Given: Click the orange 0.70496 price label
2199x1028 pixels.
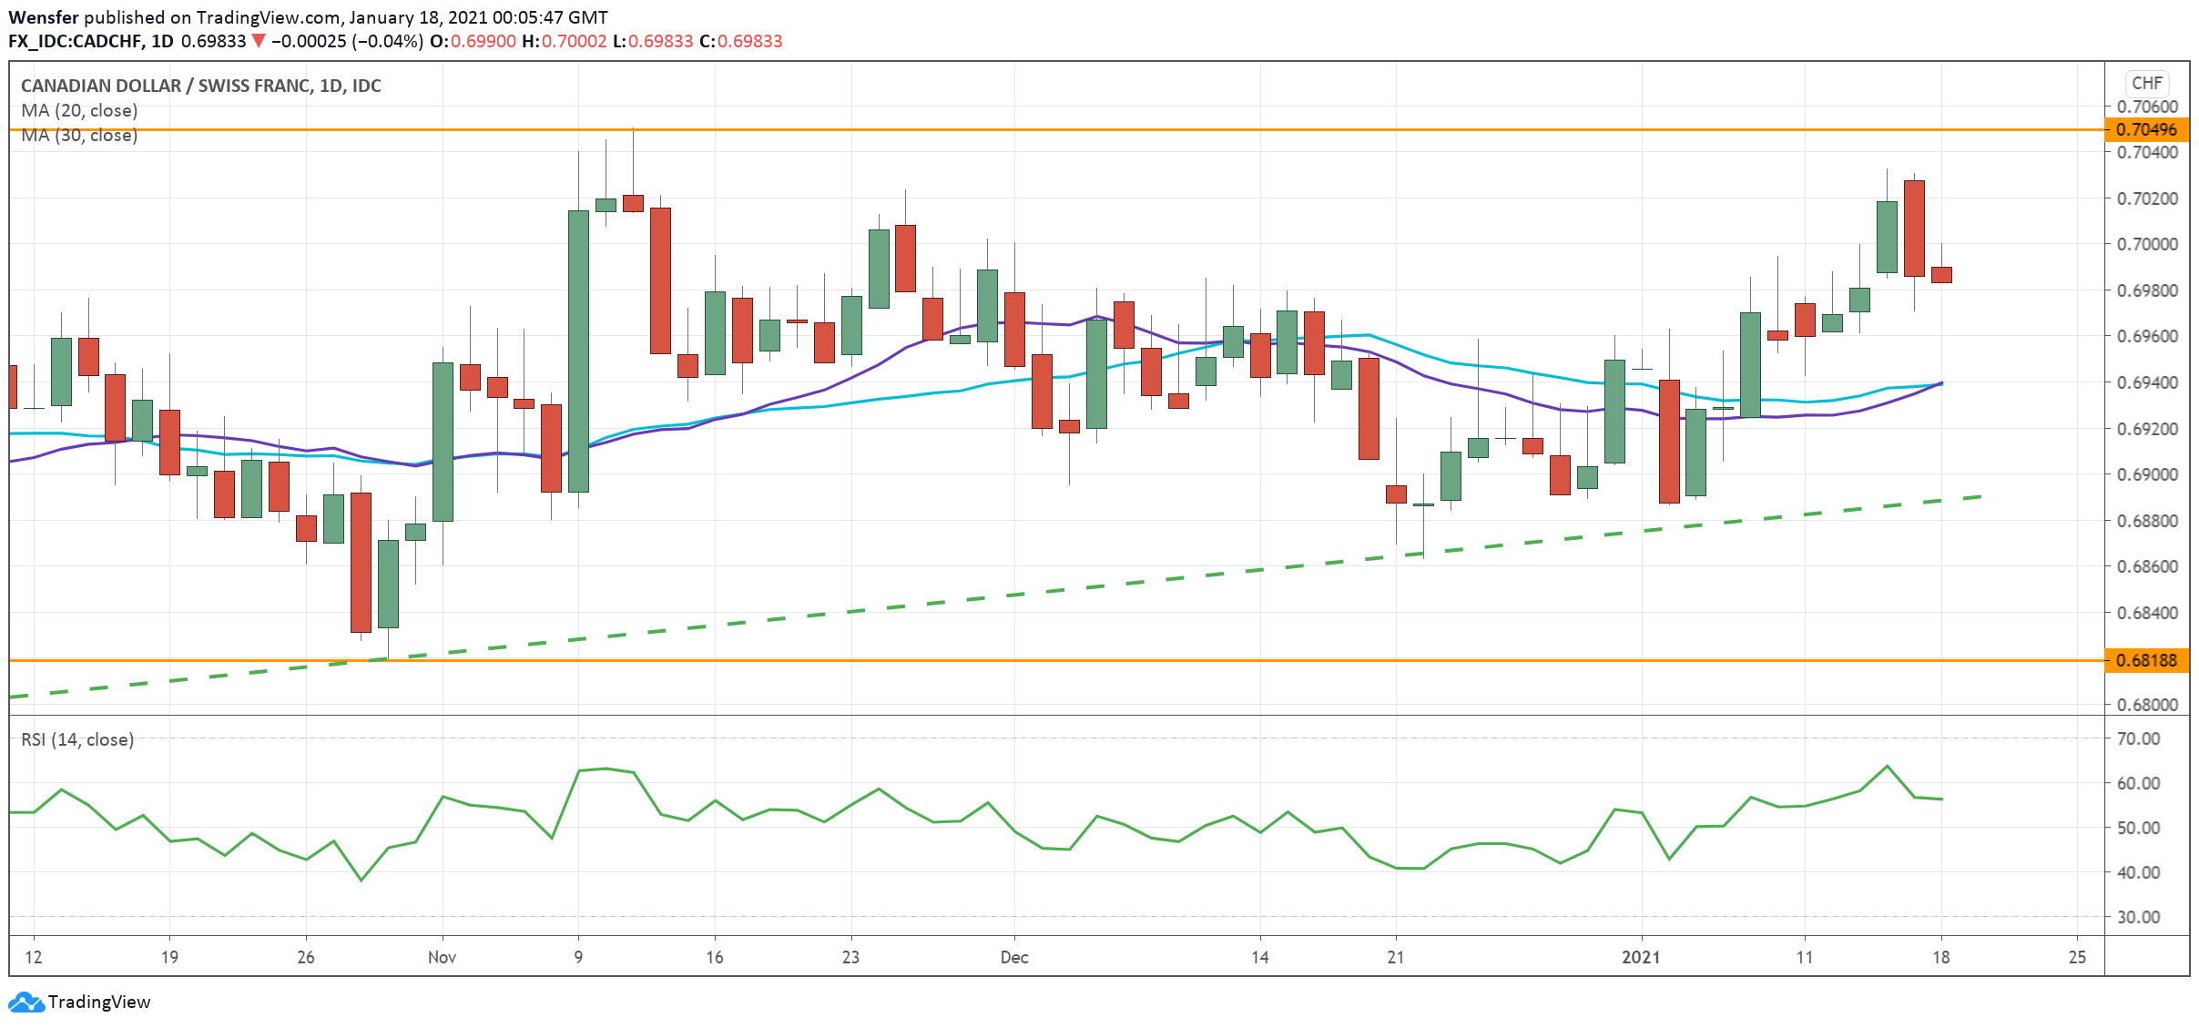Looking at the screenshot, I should point(2146,129).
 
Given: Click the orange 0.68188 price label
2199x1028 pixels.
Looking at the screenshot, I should point(2146,660).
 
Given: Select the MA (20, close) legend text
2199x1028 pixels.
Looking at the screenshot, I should point(79,110).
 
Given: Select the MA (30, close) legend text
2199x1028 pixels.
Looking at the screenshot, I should point(79,136).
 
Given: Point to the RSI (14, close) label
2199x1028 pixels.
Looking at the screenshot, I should point(77,739).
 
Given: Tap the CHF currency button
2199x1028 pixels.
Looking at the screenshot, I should point(2146,83).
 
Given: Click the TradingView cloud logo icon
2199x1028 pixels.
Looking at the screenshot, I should point(25,1002).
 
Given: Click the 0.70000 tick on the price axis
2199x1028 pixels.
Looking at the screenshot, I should point(2147,244).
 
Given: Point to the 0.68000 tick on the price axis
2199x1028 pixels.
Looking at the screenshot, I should point(2147,705).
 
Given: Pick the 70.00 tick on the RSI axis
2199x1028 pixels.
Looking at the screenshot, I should point(2138,738).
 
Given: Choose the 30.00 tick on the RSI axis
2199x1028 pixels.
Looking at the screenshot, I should point(2138,917).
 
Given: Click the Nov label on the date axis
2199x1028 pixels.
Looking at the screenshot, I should point(442,957).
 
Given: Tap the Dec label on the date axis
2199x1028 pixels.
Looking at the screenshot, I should point(1013,957).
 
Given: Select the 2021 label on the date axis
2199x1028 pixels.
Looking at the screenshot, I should point(1641,957).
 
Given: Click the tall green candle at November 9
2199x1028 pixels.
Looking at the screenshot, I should point(578,351).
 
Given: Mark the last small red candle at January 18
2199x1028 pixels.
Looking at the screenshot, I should point(1941,274).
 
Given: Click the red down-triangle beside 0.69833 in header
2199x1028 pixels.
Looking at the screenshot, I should point(259,41).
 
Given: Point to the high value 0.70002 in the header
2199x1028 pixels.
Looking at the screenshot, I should point(574,41).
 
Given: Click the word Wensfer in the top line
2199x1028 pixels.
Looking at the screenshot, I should point(44,17).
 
